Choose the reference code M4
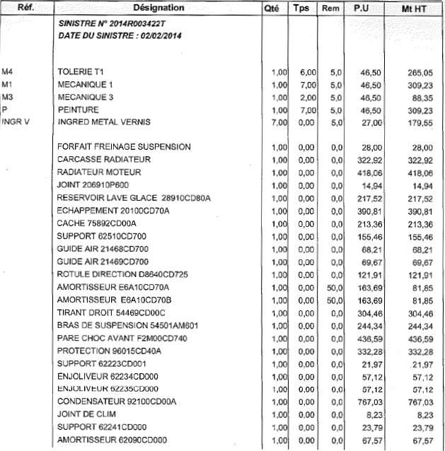8,72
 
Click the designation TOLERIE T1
81,72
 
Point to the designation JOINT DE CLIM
88,414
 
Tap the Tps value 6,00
306,72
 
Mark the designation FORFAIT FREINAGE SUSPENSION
124,146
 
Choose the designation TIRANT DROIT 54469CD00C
111,312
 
